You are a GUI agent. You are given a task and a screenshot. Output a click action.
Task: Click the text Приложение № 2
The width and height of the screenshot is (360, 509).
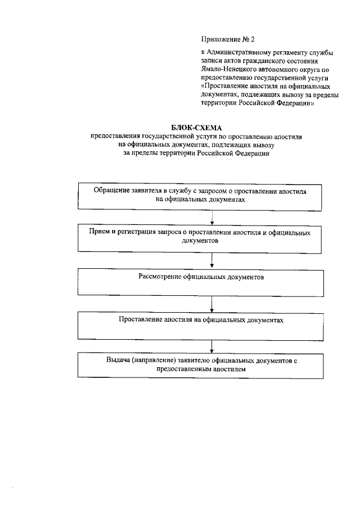click(228, 39)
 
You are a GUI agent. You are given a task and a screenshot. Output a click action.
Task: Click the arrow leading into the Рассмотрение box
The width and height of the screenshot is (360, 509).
click(211, 259)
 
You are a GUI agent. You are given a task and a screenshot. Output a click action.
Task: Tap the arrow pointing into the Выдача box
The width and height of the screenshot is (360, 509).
click(211, 345)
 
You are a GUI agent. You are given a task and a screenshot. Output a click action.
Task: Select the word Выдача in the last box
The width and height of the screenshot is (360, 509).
click(117, 360)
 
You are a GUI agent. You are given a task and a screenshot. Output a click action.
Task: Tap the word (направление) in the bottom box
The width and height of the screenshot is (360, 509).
click(152, 360)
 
